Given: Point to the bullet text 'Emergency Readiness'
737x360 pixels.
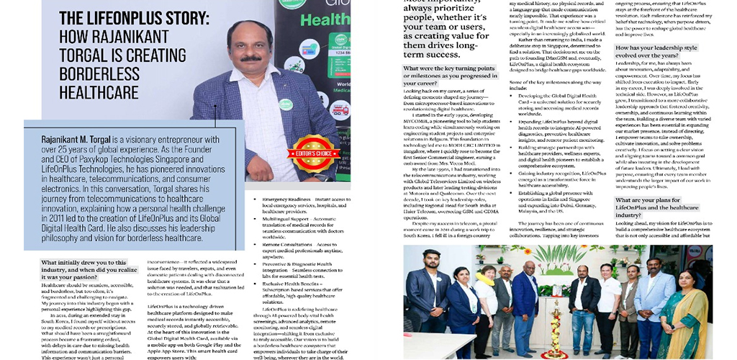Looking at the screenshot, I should (286, 198).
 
